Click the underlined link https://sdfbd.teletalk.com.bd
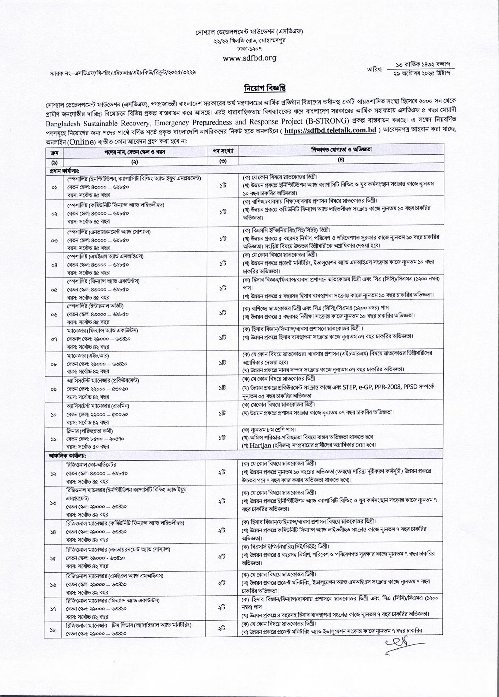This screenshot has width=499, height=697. point(330,130)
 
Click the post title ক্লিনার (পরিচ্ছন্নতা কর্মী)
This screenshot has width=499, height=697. point(88,431)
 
